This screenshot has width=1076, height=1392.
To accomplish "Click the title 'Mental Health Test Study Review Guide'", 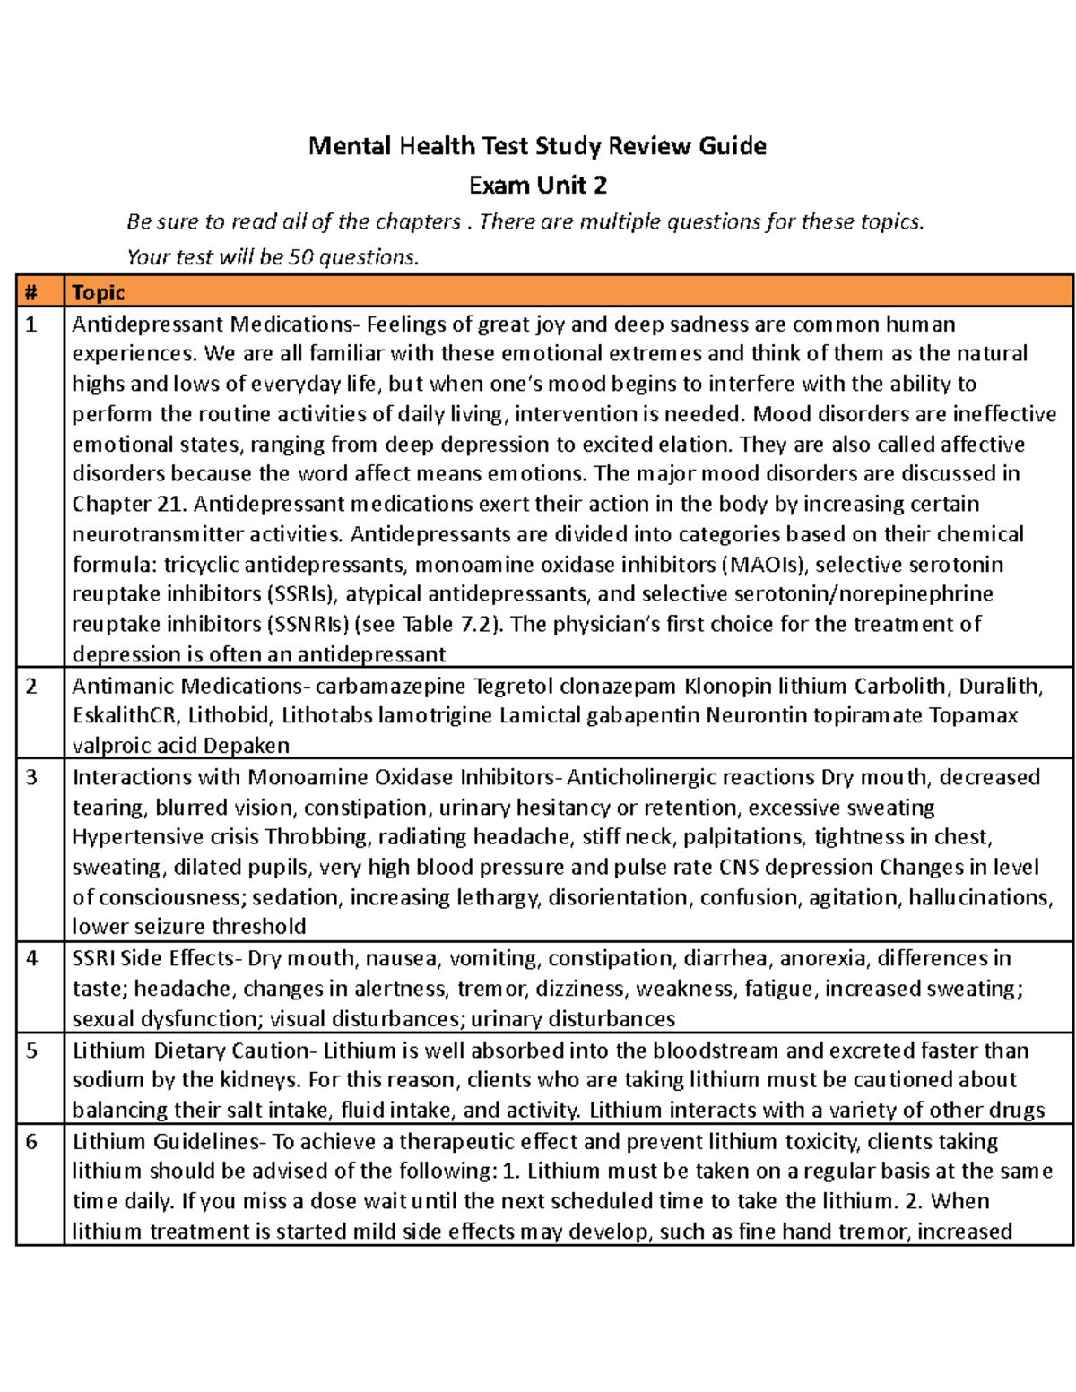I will pos(537,146).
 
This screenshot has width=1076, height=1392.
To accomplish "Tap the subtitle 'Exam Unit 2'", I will pos(537,186).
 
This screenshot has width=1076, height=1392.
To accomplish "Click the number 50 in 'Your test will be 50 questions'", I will pos(301,257).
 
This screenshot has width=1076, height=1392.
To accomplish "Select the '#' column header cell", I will pos(31,292).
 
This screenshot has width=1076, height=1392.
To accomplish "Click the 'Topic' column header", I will pos(98,292).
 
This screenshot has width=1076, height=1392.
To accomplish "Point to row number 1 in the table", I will pos(31,324).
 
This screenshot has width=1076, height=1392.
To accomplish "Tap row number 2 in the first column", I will pos(31,687).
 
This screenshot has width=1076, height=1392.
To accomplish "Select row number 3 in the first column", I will pos(31,777).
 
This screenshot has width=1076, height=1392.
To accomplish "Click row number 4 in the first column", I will pos(31,959).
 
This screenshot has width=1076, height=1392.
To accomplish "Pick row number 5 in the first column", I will pos(31,1050).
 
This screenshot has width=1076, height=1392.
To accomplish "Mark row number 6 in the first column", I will pos(31,1142).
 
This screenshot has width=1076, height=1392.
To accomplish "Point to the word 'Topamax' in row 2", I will pos(973,716).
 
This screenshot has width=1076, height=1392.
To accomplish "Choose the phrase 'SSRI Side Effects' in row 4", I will pos(153,959).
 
